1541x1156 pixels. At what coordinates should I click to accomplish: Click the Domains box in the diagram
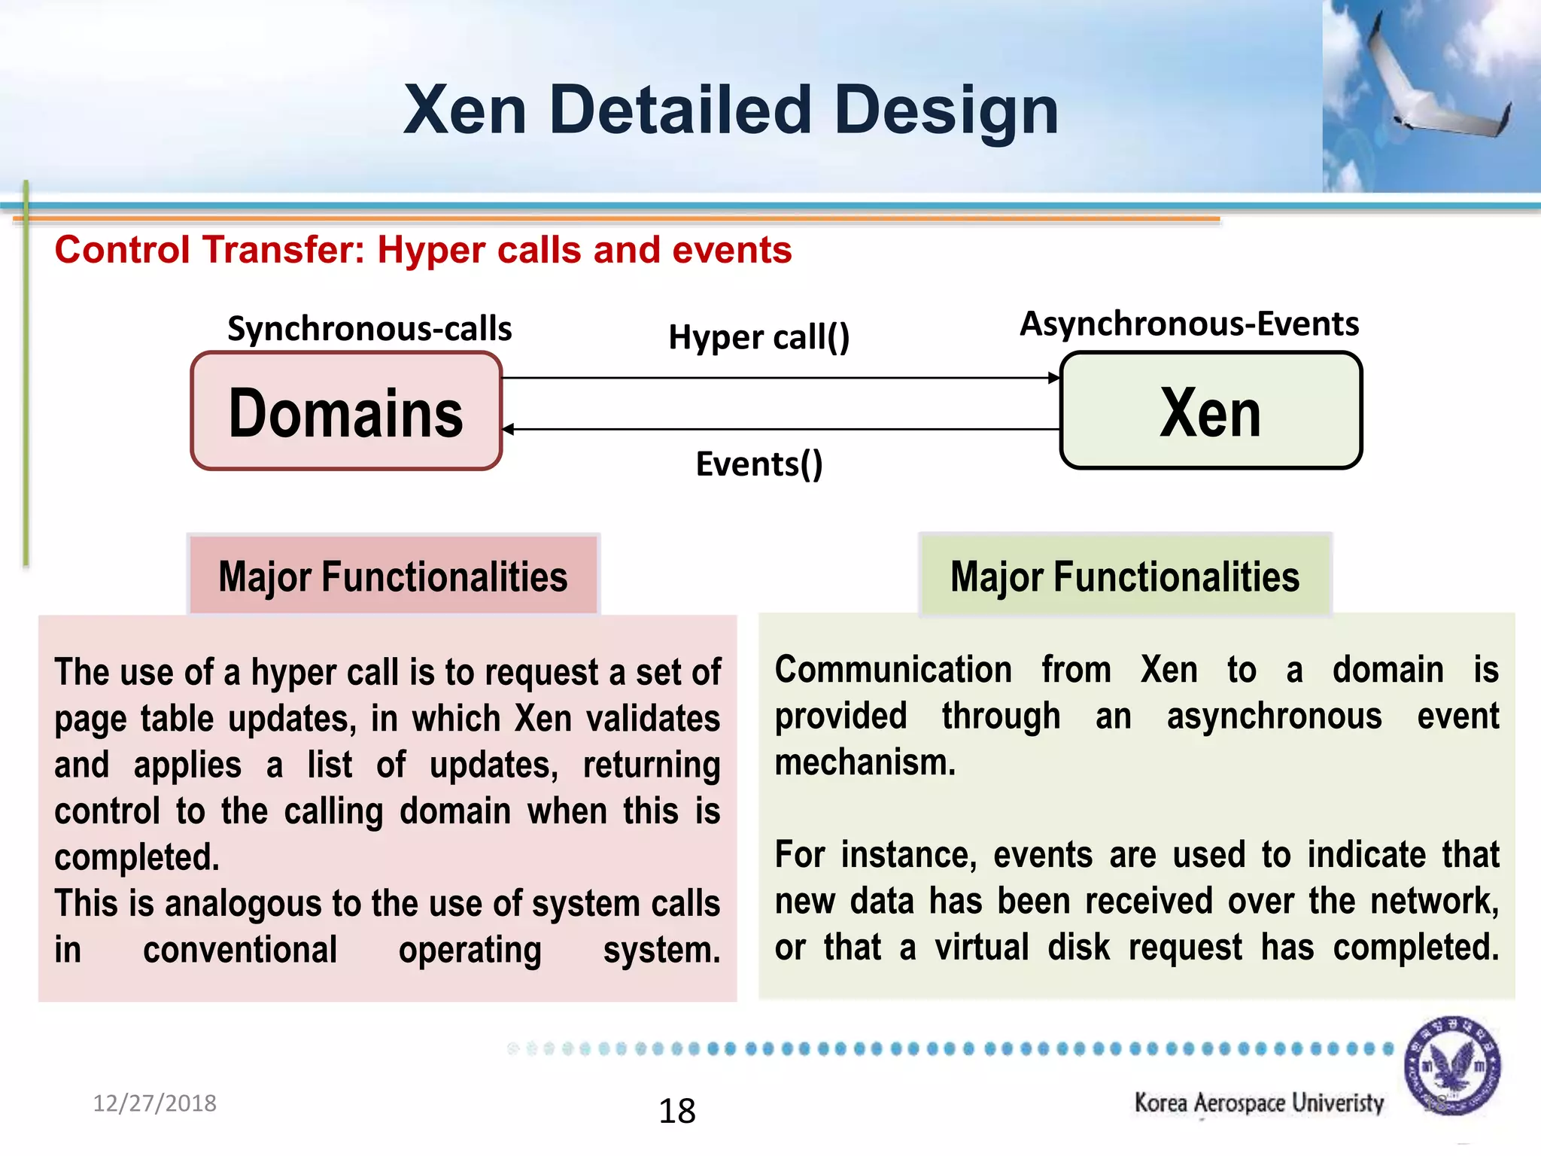pos(346,412)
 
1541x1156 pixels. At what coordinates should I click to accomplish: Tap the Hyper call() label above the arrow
pos(758,337)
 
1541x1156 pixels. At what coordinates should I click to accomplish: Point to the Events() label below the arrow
pos(758,464)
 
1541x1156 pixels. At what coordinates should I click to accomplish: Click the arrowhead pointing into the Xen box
pos(1054,378)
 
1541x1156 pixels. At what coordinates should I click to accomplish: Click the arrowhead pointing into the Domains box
pos(509,429)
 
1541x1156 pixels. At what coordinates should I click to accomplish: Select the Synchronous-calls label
pos(369,329)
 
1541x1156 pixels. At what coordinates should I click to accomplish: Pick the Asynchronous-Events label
pos(1189,324)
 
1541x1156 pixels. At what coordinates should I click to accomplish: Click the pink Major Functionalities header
pos(393,576)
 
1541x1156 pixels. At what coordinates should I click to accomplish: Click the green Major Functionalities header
pos(1125,576)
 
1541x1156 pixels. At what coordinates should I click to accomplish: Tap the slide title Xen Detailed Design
pos(731,110)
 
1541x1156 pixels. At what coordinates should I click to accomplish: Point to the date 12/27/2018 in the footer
pos(154,1103)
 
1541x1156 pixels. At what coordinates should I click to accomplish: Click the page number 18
pos(677,1111)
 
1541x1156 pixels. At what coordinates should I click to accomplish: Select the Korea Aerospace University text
pos(1259,1103)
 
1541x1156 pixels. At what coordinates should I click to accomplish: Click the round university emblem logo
pos(1452,1066)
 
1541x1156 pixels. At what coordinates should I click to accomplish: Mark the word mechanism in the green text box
pos(865,762)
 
